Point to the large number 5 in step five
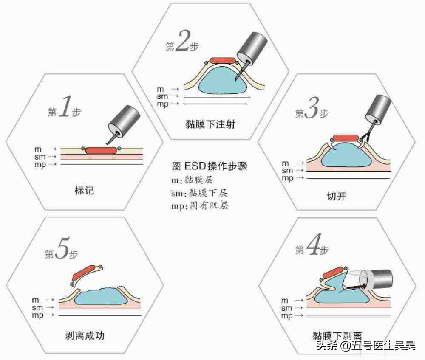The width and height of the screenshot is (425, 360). pyautogui.click(x=62, y=251)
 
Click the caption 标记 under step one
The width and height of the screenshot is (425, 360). pyautogui.click(x=84, y=190)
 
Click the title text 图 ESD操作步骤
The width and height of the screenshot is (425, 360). pyautogui.click(x=210, y=166)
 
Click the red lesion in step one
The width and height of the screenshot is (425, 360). pyautogui.click(x=101, y=150)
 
